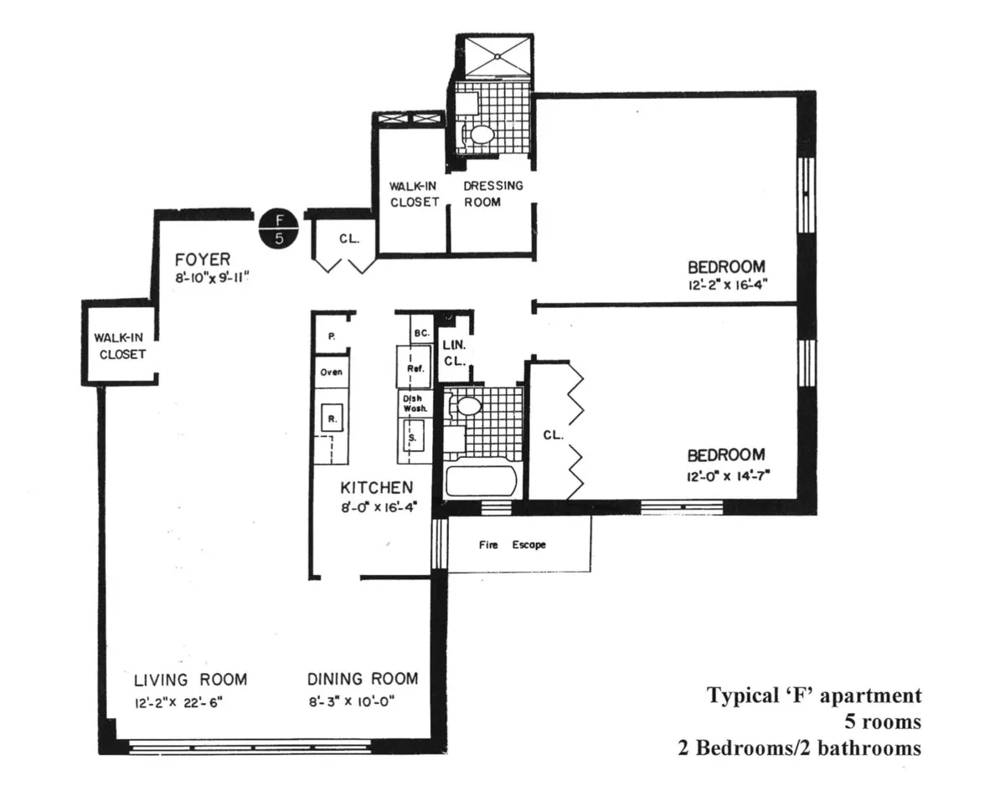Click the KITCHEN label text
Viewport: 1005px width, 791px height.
pyautogui.click(x=376, y=487)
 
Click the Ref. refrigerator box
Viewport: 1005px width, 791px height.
pyautogui.click(x=415, y=368)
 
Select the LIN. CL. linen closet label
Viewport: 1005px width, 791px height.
pyautogui.click(x=453, y=352)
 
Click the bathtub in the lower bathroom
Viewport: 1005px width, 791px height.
pyautogui.click(x=481, y=482)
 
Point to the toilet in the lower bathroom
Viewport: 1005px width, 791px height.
pyautogui.click(x=466, y=408)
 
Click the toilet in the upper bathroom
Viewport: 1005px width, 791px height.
pyautogui.click(x=480, y=134)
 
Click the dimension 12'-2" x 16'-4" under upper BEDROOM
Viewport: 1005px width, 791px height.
pyautogui.click(x=725, y=285)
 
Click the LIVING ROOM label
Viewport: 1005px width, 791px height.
pyautogui.click(x=190, y=679)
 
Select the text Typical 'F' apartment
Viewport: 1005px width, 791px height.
pyautogui.click(x=814, y=696)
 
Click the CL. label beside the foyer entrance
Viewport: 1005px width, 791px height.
pyautogui.click(x=349, y=239)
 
